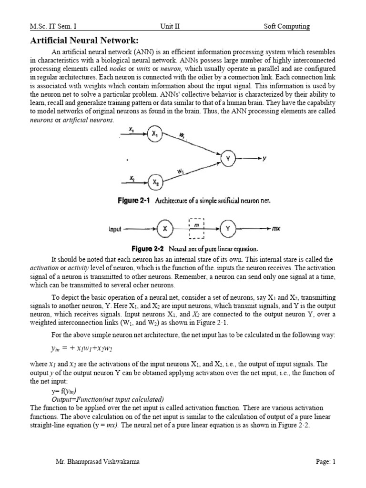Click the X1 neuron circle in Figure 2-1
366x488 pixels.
click(155, 135)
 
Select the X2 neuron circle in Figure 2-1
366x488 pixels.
click(155, 182)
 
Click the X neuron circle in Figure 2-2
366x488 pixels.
click(165, 229)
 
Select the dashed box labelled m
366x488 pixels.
click(196, 229)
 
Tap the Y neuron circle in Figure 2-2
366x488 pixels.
click(228, 229)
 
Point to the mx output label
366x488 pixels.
click(276, 229)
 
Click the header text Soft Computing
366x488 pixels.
click(287, 27)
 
